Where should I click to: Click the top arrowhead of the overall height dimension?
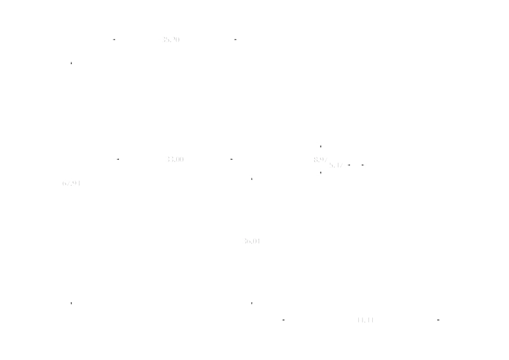71,62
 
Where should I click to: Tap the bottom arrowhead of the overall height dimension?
71,303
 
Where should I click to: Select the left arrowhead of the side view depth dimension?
282,318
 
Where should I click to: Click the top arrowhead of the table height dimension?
252,180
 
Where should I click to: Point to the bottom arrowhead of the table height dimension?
252,303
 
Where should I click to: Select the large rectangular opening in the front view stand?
176,258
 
